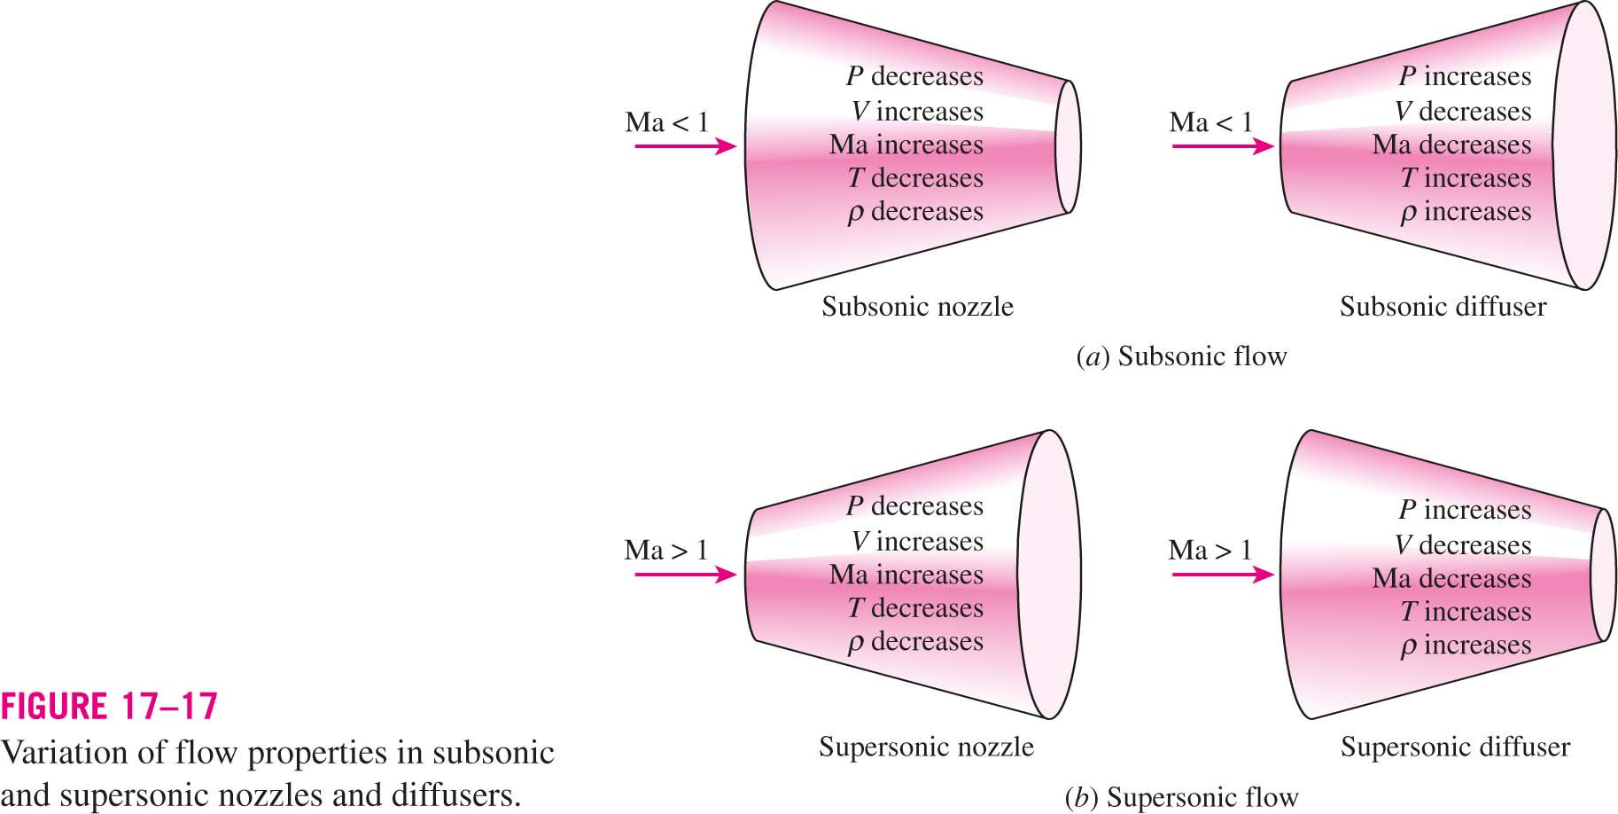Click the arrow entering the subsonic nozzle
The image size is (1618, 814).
686,146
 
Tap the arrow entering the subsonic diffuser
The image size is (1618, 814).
1224,146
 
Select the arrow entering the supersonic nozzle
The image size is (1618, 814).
686,575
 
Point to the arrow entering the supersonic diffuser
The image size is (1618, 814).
1224,575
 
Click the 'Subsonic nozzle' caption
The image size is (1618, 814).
917,307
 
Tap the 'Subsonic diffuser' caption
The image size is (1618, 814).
1443,307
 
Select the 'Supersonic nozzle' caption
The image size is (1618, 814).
926,747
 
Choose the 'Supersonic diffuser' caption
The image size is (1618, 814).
1455,747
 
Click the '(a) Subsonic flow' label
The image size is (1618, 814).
1181,356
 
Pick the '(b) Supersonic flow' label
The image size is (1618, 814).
1181,798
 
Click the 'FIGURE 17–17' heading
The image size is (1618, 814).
109,707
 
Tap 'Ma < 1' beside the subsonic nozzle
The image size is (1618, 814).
667,122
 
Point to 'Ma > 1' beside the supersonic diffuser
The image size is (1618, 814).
1210,551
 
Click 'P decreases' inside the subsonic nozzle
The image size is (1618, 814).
914,77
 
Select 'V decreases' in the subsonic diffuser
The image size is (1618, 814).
1462,112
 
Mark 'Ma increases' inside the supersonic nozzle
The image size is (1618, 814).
906,575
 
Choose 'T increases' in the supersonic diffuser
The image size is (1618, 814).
1466,612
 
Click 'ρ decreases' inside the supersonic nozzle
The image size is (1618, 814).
915,642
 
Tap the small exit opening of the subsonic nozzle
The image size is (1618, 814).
1069,146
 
